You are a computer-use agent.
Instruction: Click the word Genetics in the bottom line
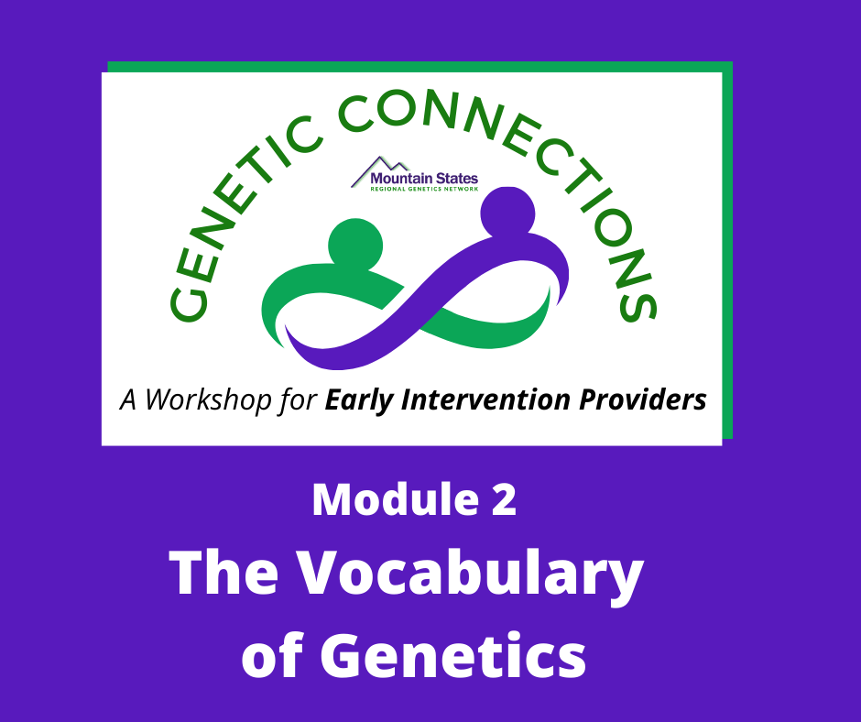tap(453, 655)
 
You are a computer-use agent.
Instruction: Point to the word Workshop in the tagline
tap(209, 400)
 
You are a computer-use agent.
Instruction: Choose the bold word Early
tap(358, 400)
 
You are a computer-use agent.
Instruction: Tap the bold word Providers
tap(643, 399)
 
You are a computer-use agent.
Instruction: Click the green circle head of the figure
tap(355, 245)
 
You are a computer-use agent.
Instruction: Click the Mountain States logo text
tap(424, 179)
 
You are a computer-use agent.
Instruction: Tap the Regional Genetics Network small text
tap(424, 189)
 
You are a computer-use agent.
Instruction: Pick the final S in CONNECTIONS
tap(638, 304)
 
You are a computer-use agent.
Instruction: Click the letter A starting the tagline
tap(128, 400)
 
